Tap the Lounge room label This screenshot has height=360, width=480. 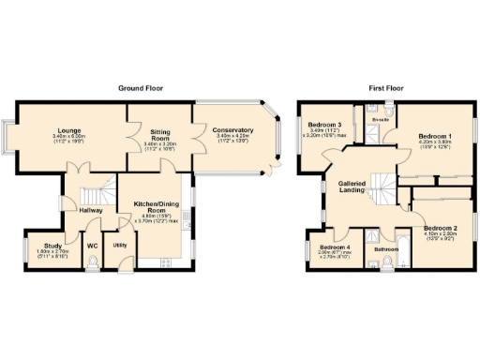click(x=68, y=130)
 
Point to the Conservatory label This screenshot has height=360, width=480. click(x=233, y=130)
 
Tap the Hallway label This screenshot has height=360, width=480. click(x=91, y=211)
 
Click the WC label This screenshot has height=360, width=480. click(x=93, y=246)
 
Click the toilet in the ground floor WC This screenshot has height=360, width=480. click(x=92, y=264)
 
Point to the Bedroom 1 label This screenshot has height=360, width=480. click(x=435, y=137)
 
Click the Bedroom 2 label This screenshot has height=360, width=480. click(x=440, y=228)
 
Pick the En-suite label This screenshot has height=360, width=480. click(x=380, y=121)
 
